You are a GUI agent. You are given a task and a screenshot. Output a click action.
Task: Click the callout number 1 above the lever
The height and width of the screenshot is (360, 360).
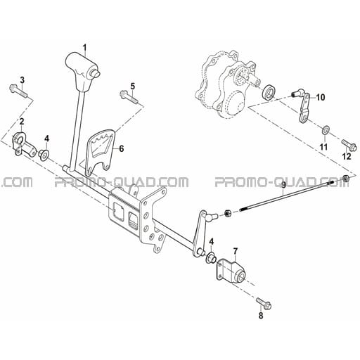tap(84, 48)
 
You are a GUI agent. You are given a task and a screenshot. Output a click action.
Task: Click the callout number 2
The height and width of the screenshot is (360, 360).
tap(22, 122)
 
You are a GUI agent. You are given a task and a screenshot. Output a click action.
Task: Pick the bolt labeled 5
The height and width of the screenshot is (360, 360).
tap(129, 97)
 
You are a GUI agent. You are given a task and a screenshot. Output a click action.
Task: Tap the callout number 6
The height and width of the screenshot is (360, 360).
tap(121, 149)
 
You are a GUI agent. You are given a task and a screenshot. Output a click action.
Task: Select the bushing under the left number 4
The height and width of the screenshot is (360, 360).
tap(44, 155)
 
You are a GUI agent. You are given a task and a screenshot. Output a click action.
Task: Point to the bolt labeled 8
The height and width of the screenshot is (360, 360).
tap(264, 303)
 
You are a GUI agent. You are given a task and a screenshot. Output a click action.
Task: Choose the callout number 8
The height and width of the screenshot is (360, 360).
tap(261, 316)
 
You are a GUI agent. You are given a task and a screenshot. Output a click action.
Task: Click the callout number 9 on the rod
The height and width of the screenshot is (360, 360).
tap(283, 186)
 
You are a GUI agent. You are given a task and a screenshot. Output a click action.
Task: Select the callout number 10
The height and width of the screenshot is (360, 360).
tap(321, 97)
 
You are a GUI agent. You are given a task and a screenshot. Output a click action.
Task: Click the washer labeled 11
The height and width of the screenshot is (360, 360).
tap(326, 129)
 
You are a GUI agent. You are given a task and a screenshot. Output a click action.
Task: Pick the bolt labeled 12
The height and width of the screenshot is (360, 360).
tap(349, 145)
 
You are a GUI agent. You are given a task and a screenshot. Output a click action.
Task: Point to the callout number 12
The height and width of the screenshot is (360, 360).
tap(347, 156)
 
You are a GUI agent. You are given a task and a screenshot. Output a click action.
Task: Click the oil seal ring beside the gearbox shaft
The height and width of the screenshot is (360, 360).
tap(269, 92)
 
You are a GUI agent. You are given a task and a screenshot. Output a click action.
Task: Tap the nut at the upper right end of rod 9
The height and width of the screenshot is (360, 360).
tap(345, 179)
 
